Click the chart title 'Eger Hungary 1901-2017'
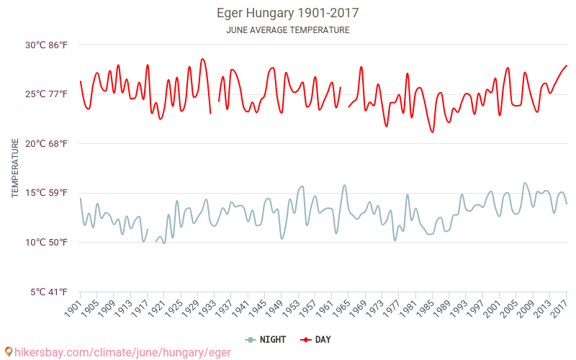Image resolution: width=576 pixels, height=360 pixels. (288, 13)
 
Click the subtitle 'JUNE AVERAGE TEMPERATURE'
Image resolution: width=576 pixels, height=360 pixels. (288, 30)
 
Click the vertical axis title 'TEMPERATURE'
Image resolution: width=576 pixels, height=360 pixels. (15, 168)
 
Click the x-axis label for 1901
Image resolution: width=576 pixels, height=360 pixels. (73, 308)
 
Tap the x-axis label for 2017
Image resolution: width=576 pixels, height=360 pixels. (559, 308)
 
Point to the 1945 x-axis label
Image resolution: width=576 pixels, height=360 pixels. (257, 308)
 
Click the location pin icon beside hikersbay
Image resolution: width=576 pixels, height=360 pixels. (9, 351)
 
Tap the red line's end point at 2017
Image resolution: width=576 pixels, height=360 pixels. (567, 66)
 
